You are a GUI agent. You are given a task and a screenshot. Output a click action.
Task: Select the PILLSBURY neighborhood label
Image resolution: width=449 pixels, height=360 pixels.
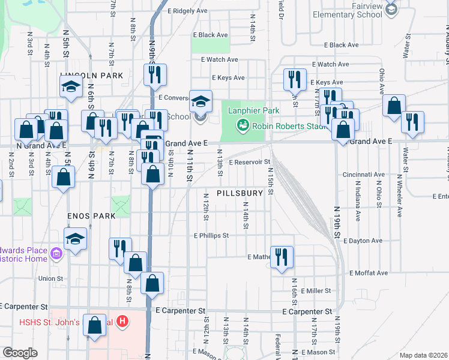coord(240,193)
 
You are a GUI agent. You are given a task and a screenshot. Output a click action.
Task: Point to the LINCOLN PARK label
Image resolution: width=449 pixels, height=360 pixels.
coord(91,76)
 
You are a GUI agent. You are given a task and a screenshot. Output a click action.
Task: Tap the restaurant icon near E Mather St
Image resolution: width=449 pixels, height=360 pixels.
coord(282,257)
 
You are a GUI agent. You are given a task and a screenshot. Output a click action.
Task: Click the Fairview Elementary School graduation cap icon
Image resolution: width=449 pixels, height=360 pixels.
coord(391,9)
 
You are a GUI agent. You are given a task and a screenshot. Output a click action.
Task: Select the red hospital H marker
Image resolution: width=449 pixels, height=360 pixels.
coord(122,322)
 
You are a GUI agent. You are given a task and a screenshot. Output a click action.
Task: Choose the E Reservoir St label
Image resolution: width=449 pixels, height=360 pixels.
coord(250,162)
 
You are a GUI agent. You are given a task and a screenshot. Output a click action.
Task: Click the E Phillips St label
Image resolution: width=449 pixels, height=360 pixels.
coord(211,236)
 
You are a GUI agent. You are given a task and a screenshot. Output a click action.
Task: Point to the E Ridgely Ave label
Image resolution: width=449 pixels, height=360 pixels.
coord(187,11)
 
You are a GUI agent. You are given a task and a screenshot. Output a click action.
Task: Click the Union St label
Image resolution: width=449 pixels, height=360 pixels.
coord(50,278)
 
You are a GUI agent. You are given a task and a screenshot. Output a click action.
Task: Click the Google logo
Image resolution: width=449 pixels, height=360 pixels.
coord(20,353)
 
